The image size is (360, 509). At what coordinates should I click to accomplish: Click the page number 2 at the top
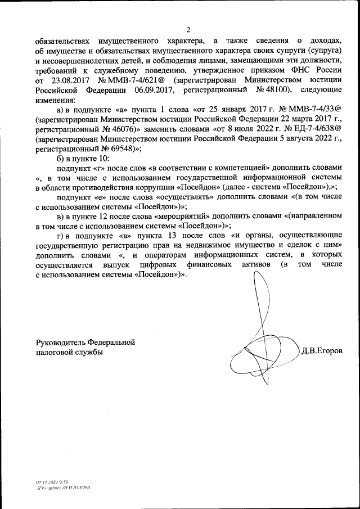(x=188, y=29)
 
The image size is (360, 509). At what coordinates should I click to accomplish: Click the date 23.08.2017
(x=67, y=79)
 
